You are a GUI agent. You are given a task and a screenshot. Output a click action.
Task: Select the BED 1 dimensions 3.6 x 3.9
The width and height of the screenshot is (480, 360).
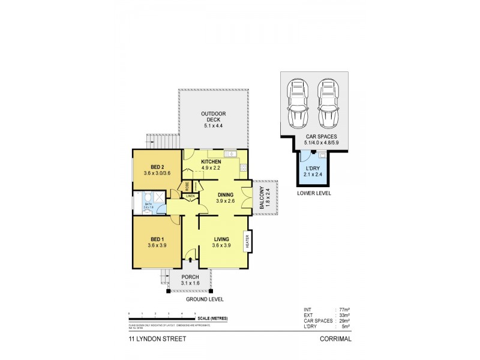157,245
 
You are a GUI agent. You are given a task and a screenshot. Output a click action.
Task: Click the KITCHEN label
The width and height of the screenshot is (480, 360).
211,163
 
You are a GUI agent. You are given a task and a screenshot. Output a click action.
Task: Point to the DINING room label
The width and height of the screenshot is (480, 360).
225,194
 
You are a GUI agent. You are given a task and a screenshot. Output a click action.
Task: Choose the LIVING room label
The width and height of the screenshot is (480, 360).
221,239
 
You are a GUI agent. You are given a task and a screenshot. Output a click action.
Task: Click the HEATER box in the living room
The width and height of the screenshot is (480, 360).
247,243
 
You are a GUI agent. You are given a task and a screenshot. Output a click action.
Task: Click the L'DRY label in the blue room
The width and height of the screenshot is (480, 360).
312,168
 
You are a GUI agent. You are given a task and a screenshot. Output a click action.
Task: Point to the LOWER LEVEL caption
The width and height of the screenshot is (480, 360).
314,194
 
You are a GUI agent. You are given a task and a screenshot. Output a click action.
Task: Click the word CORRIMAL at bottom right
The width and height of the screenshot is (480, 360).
335,338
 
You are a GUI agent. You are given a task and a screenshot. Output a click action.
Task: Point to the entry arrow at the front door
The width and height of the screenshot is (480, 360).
191,260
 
